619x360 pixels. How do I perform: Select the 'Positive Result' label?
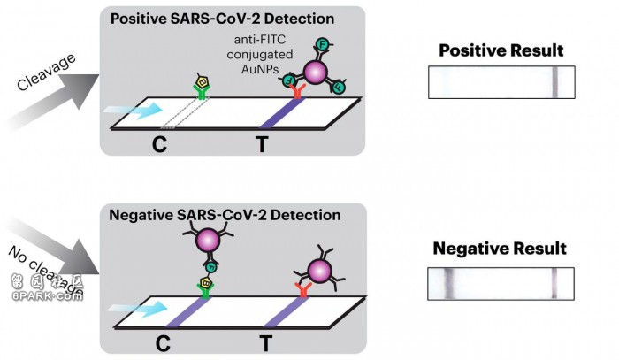point(501,50)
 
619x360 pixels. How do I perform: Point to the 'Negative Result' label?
point(500,249)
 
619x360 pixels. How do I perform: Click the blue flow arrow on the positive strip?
point(134,111)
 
